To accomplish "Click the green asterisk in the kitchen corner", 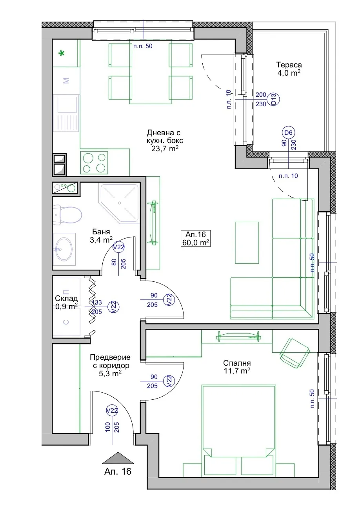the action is [62, 54].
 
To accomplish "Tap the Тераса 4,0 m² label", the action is [289, 69].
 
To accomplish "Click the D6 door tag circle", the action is [288, 132].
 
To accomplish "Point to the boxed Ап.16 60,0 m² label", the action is [195, 238].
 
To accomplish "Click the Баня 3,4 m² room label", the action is [101, 236].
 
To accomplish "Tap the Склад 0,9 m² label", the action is [66, 302].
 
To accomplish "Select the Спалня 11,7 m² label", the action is [237, 367].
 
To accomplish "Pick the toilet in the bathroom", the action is [67, 214].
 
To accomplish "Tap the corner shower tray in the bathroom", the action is [119, 203].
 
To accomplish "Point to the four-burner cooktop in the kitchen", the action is [94, 163].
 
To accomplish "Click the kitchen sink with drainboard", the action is [66, 113].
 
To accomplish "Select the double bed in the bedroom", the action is [238, 430].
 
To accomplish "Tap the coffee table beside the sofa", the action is [247, 243].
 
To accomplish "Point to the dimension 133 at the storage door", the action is [97, 302].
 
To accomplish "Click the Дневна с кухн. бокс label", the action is [165, 140].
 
